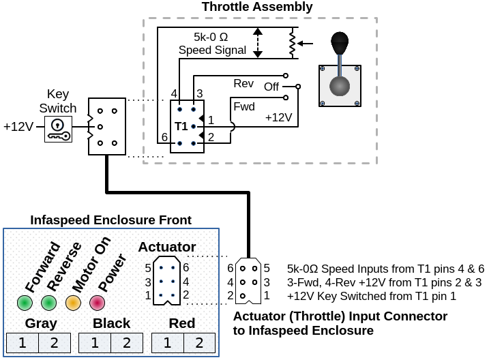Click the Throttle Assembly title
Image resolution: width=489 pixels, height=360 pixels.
click(x=257, y=7)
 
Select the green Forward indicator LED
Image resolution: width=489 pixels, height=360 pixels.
click(x=25, y=302)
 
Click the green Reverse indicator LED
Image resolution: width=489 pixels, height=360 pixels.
click(x=48, y=302)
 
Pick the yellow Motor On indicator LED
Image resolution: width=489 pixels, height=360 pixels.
click(x=72, y=302)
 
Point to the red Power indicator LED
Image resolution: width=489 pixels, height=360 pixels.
click(x=96, y=302)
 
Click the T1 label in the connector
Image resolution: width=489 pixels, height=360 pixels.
click(x=181, y=127)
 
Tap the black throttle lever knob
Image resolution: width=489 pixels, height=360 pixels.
click(x=340, y=44)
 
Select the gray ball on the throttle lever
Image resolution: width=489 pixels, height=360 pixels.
click(x=340, y=87)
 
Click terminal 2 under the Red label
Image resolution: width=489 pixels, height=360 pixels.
click(x=199, y=343)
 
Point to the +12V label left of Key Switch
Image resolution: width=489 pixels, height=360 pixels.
click(x=18, y=127)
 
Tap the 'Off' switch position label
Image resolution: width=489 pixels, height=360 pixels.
click(x=271, y=87)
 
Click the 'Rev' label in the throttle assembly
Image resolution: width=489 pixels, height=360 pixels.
click(x=243, y=83)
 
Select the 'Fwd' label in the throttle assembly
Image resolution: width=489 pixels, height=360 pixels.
click(x=243, y=106)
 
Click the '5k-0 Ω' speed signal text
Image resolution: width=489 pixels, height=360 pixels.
click(x=212, y=37)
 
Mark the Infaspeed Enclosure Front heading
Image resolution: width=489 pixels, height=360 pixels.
click(x=110, y=220)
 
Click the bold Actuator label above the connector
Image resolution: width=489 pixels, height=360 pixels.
click(x=167, y=247)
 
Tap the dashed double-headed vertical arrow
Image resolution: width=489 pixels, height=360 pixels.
click(x=257, y=42)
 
